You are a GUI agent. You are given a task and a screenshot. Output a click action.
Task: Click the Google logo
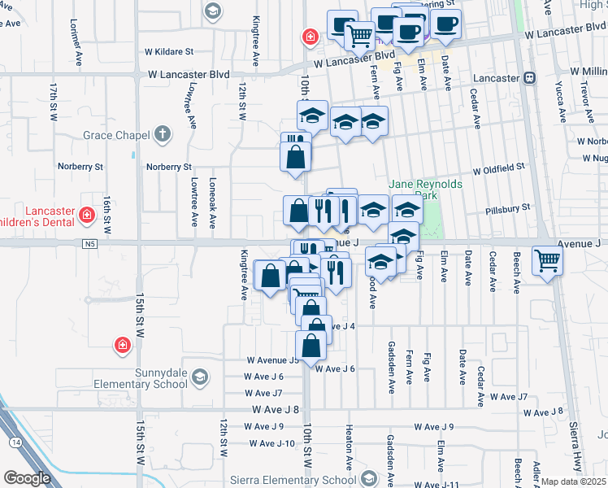tap(27, 478)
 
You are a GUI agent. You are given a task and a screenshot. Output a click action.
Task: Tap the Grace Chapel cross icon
tap(163, 133)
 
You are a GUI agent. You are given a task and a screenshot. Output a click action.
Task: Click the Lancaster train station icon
tap(529, 78)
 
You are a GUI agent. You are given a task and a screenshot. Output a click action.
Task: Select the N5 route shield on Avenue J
tap(89, 242)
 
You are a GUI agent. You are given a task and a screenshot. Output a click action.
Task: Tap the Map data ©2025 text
tap(573, 481)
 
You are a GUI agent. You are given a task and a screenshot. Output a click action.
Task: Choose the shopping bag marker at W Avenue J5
tap(312, 345)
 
